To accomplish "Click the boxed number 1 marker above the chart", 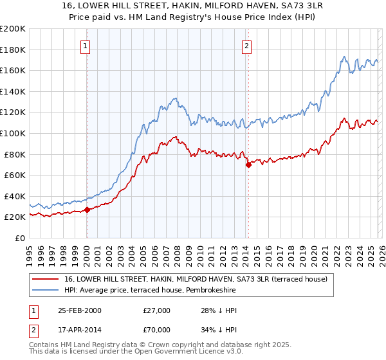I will pyautogui.click(x=86, y=46).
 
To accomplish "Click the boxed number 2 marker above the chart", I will pyautogui.click(x=247, y=46).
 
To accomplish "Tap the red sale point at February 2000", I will pyautogui.click(x=87, y=210).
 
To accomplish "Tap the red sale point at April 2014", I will pyautogui.click(x=248, y=165).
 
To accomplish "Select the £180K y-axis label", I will pyautogui.click(x=13, y=50).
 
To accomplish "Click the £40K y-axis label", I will pyautogui.click(x=15, y=196).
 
